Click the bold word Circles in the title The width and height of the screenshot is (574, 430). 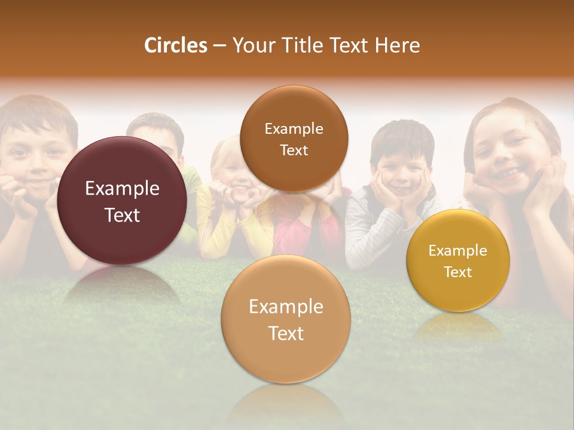pos(176,45)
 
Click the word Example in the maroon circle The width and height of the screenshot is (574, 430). pos(122,189)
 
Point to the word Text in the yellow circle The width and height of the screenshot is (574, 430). pos(458,272)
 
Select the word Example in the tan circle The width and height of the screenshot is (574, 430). pos(286,307)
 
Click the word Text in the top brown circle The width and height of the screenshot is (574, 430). pos(294,150)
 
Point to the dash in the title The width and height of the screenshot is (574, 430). pos(219,45)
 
